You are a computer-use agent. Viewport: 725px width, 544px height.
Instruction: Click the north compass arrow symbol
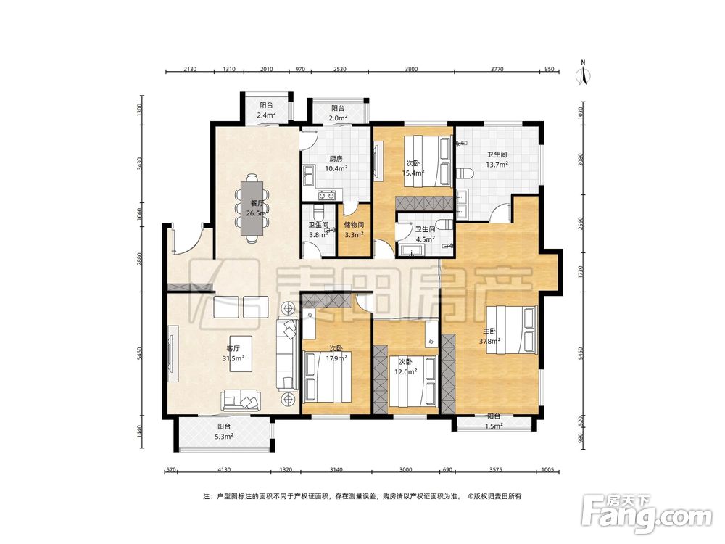584,74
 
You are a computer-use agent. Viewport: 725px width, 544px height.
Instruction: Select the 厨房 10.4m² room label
336,164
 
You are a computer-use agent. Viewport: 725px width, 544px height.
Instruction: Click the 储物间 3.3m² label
355,229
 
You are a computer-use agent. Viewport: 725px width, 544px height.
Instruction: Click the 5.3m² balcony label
224,431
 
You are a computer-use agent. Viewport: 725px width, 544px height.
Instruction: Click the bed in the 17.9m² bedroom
328,376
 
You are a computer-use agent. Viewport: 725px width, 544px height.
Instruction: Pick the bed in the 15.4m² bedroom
428,161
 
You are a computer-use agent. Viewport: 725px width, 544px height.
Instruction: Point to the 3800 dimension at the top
411,70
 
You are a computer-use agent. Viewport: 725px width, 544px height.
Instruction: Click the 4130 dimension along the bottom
224,470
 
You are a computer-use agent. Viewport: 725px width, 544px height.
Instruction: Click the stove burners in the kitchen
326,195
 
